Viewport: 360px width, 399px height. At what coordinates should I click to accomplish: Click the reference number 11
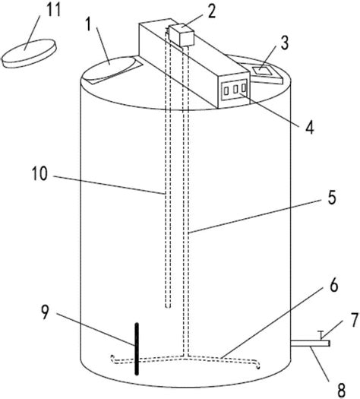(x=53, y=11)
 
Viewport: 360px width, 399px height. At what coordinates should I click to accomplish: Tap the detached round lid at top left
(x=29, y=53)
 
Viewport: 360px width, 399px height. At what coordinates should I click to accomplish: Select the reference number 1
(x=88, y=24)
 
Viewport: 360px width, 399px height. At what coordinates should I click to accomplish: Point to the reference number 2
(x=212, y=11)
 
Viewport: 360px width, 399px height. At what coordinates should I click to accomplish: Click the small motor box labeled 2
(x=182, y=35)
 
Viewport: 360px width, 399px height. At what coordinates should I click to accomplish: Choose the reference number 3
(x=285, y=43)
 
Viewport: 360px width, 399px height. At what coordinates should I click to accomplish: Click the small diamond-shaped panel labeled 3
(x=261, y=70)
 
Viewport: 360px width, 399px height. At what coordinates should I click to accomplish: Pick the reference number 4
(x=309, y=127)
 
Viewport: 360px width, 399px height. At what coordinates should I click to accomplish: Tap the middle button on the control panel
(x=235, y=90)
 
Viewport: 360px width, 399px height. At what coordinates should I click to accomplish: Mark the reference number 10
(x=39, y=174)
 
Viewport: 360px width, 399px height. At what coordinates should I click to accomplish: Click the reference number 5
(x=332, y=198)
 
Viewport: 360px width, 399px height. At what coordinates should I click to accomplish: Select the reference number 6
(x=334, y=285)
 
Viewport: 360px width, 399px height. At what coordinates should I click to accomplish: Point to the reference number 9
(x=45, y=312)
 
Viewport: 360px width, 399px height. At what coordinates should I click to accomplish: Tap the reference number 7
(x=355, y=320)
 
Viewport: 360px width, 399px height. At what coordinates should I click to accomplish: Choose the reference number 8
(x=342, y=390)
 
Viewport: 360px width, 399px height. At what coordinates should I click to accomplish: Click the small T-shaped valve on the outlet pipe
(x=321, y=335)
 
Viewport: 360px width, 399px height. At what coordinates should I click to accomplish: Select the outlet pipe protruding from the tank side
(x=311, y=344)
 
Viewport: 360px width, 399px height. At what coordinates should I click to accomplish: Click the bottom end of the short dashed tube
(x=168, y=306)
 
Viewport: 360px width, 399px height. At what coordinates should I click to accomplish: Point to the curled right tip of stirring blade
(x=257, y=366)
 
